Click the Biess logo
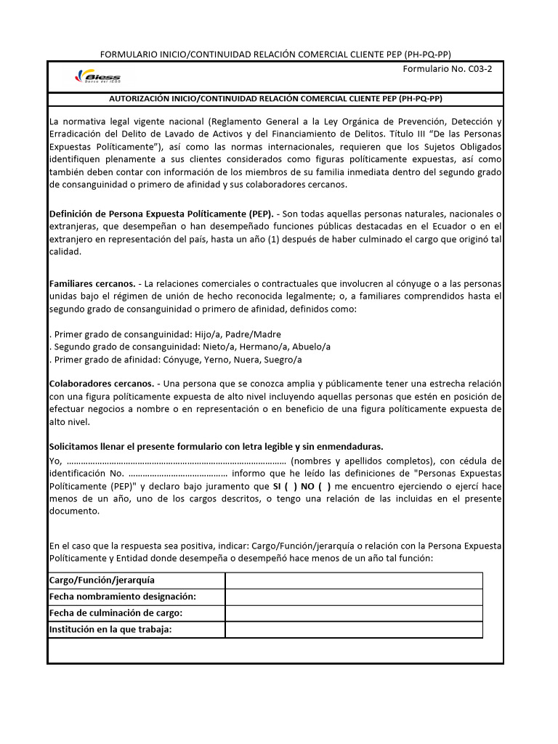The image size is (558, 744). [x=98, y=78]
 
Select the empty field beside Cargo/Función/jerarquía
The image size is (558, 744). [x=353, y=581]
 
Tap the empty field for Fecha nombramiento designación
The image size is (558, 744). [x=353, y=597]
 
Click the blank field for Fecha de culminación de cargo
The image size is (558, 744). [x=353, y=613]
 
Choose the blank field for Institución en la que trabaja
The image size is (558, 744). [x=353, y=629]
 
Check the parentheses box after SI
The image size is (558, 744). [x=291, y=486]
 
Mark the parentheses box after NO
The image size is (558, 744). [x=323, y=486]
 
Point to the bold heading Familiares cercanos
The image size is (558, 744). [x=92, y=283]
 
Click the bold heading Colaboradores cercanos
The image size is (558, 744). [x=101, y=383]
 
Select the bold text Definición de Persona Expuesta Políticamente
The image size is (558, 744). [x=161, y=214]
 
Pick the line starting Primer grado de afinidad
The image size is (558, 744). [x=177, y=360]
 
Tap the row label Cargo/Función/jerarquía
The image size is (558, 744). [x=102, y=581]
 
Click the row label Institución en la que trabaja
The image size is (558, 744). [x=110, y=629]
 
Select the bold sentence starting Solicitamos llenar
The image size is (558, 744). [x=216, y=446]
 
